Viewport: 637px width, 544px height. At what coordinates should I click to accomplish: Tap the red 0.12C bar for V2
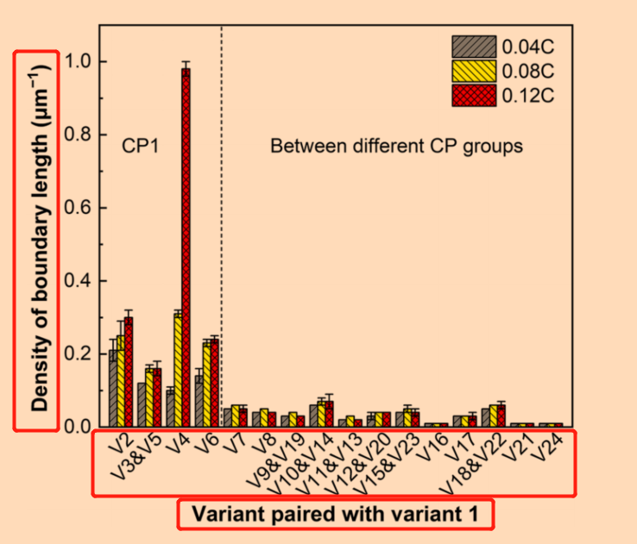(x=129, y=372)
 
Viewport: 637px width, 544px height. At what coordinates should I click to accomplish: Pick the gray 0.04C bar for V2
(x=113, y=388)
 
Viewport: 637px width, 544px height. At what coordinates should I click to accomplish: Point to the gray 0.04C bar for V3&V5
(x=141, y=404)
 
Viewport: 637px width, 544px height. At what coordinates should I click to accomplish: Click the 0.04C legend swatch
(x=474, y=46)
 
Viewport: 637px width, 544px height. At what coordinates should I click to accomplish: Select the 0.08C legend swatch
(x=474, y=70)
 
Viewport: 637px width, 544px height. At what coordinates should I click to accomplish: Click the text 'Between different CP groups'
(x=396, y=146)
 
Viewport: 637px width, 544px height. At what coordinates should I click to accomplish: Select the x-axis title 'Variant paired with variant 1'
(x=335, y=516)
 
